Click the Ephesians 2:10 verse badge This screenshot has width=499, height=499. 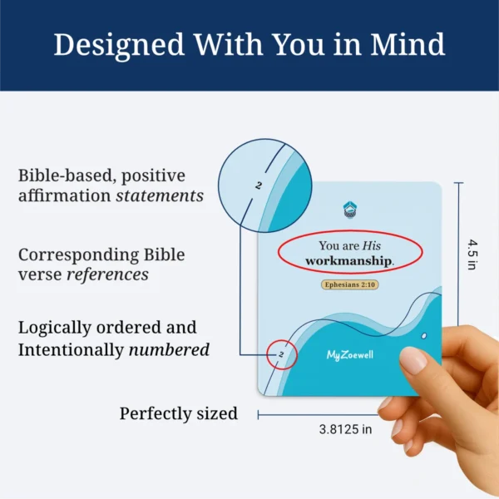(349, 284)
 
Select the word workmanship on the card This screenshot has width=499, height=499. (348, 261)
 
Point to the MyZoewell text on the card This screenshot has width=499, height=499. (348, 355)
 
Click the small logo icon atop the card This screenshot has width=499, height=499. (349, 209)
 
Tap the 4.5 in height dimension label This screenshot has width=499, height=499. (472, 255)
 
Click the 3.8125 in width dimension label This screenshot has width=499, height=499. (345, 430)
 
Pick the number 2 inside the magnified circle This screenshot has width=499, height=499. (258, 186)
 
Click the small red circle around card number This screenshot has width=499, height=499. (283, 357)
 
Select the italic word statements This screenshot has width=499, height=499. (159, 196)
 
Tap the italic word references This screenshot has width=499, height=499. (111, 274)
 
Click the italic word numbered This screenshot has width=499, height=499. (169, 349)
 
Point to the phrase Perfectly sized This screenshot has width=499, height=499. (178, 413)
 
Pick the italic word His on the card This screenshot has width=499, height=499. (372, 245)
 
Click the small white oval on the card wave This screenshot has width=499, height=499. (425, 335)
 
